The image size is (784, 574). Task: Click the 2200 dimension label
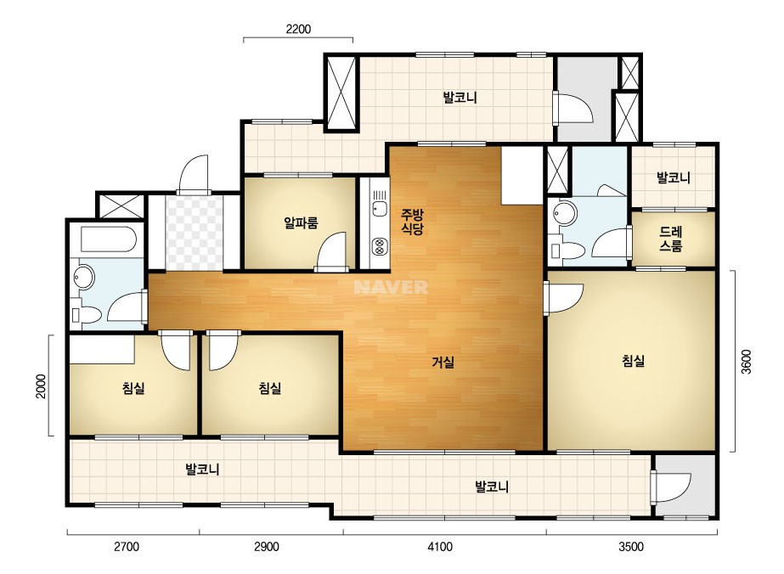point(298,29)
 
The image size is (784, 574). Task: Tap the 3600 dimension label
point(746,362)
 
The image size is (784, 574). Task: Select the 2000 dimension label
point(41,386)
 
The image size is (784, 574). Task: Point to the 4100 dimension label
point(440,547)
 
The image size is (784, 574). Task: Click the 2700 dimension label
point(127,547)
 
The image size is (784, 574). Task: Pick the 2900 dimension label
point(266,547)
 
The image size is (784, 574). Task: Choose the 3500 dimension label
point(631,547)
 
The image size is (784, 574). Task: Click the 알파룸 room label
point(301,222)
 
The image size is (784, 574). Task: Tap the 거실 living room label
point(443,362)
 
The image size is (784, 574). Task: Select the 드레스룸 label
point(670,239)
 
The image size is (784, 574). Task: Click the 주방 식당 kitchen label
point(413,222)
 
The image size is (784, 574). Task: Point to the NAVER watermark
point(391,287)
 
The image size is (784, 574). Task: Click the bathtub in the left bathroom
point(109,240)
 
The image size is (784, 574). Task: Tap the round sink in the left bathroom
point(83,278)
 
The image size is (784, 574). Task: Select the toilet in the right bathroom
point(566,250)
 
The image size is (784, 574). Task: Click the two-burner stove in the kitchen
point(379,245)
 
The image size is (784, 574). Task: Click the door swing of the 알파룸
point(332,251)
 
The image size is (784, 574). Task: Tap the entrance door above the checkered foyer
point(194,175)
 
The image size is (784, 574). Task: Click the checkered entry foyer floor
point(194,233)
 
